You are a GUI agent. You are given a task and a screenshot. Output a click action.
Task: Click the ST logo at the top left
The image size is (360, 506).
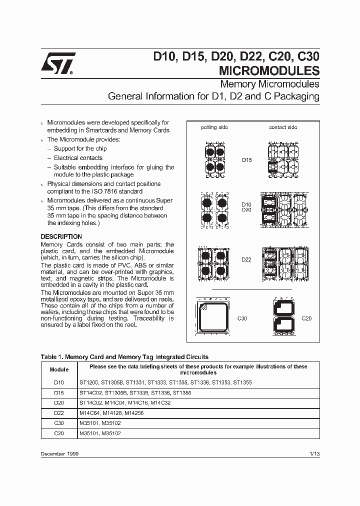pos(57,63)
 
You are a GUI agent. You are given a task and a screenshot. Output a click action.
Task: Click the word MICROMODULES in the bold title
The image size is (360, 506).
pos(269,70)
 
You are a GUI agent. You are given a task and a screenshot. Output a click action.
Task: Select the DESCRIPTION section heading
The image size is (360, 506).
pos(61,236)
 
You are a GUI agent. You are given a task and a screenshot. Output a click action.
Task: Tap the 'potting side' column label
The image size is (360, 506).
pos(214,127)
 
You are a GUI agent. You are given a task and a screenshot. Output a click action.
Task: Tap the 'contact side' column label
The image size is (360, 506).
pos(283,127)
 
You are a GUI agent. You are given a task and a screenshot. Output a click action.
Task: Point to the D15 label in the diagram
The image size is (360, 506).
pos(246,161)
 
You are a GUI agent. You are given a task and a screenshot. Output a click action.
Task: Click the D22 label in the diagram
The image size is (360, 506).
pos(246,259)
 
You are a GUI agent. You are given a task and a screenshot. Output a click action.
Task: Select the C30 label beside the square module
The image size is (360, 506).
pos(242,318)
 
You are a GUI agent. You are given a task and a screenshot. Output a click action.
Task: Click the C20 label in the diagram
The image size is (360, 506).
pos(306,318)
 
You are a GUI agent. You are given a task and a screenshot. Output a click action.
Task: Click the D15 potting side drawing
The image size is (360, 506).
pos(215,159)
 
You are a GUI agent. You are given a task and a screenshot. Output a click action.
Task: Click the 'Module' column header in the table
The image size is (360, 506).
pos(59,369)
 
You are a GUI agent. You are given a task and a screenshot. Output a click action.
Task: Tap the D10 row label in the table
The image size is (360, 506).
pos(59,382)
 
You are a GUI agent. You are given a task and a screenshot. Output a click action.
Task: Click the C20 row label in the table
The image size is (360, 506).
pos(59,433)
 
